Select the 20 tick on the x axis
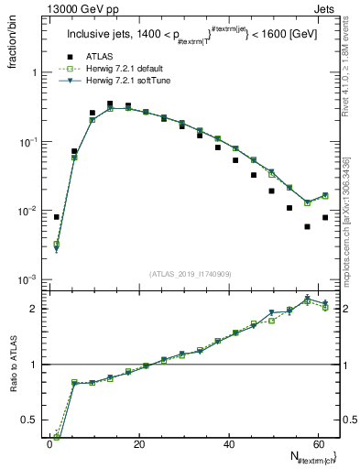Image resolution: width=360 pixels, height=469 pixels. point(138,444)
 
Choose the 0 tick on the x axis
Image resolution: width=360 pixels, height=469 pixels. point(49,444)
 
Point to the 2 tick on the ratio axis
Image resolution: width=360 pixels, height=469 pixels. point(31,309)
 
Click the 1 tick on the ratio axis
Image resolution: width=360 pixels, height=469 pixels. point(31,365)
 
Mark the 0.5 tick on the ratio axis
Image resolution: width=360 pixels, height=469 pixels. point(27,420)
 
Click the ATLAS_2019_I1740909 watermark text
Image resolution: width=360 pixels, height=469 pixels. point(190,273)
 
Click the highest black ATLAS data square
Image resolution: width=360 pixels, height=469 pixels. point(110,104)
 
